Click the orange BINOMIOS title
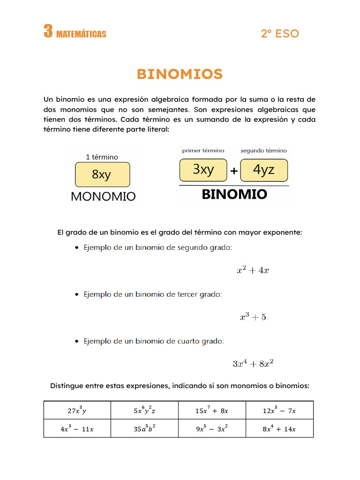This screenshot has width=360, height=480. click(x=180, y=74)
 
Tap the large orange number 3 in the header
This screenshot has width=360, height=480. click(x=48, y=32)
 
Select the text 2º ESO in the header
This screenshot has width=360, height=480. click(x=280, y=34)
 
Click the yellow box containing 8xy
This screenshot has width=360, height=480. click(x=102, y=175)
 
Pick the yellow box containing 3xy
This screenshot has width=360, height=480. click(x=203, y=170)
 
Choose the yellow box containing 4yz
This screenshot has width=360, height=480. click(x=263, y=170)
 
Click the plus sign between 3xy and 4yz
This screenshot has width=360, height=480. click(x=233, y=172)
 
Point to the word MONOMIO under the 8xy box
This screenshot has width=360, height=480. click(x=103, y=196)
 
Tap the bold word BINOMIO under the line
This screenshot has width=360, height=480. click(x=234, y=195)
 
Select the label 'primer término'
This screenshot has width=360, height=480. click(x=203, y=151)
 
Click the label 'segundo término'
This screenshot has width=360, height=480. click(x=263, y=151)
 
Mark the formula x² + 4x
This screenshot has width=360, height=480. click(x=252, y=270)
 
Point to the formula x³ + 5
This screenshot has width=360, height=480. click(x=253, y=317)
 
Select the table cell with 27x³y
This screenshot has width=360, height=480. click(x=77, y=410)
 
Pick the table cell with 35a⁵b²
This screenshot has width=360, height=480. click(x=144, y=428)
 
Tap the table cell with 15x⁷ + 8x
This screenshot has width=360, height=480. click(x=212, y=410)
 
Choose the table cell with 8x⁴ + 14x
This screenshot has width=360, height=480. click(x=279, y=428)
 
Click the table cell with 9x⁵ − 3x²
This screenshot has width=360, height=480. click(x=212, y=428)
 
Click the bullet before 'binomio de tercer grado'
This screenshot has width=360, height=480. click(x=77, y=295)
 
